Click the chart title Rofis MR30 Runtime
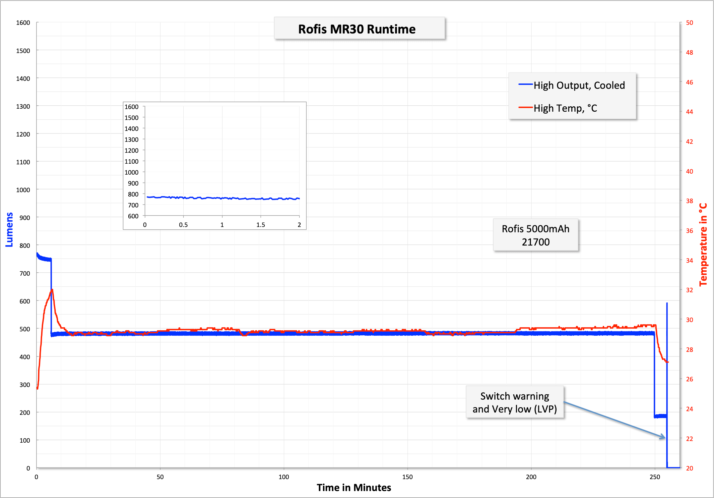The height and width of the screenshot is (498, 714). pos(357,29)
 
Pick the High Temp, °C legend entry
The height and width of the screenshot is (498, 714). pos(565,108)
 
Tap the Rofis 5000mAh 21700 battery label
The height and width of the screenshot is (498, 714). pos(536,235)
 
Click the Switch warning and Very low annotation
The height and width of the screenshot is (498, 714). pos(515,403)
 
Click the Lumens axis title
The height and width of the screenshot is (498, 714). pos(9,230)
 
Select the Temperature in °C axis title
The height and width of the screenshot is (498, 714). pos(703,245)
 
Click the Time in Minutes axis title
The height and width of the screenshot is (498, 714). pos(354,488)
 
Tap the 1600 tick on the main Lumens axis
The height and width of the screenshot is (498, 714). pos(23,23)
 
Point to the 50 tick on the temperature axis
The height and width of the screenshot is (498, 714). pos(689,23)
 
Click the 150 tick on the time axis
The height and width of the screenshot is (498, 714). pos(408,477)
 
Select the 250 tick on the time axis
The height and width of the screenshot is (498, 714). pos(655,477)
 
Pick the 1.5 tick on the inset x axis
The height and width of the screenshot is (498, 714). pos(261,225)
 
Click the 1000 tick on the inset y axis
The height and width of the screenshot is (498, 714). pos(131,172)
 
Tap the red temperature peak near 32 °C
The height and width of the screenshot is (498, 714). pos(52,290)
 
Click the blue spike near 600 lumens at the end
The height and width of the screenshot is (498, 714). pos(667,304)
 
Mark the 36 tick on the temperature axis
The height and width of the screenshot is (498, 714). pos(689,231)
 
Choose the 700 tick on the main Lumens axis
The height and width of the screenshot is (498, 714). pos(25,273)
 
